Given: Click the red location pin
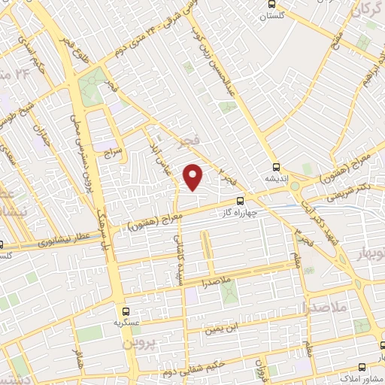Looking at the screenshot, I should [194, 177].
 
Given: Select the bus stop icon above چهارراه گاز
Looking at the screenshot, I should [240, 201].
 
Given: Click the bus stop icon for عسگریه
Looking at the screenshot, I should [126, 310].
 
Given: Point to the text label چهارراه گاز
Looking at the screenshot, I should [240, 212].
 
